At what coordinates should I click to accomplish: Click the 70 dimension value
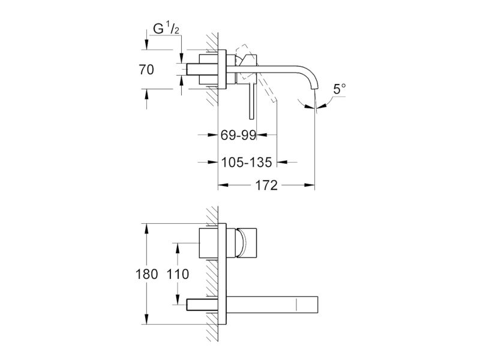146,70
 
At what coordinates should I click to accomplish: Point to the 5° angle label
340,89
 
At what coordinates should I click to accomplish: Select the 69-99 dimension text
238,134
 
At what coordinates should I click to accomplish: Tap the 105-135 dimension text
247,162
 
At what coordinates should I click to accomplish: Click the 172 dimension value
266,185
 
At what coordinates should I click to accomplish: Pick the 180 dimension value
146,274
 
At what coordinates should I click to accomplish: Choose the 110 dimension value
178,274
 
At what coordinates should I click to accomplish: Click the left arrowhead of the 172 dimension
223,185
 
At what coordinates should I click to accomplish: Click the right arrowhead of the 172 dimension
309,185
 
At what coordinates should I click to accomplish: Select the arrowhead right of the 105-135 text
282,162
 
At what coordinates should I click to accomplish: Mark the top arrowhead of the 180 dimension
146,229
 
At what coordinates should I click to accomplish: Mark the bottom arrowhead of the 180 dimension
146,319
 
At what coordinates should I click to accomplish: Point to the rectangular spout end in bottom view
307,305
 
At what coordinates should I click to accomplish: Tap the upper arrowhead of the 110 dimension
177,249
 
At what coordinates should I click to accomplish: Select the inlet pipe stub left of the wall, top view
193,69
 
